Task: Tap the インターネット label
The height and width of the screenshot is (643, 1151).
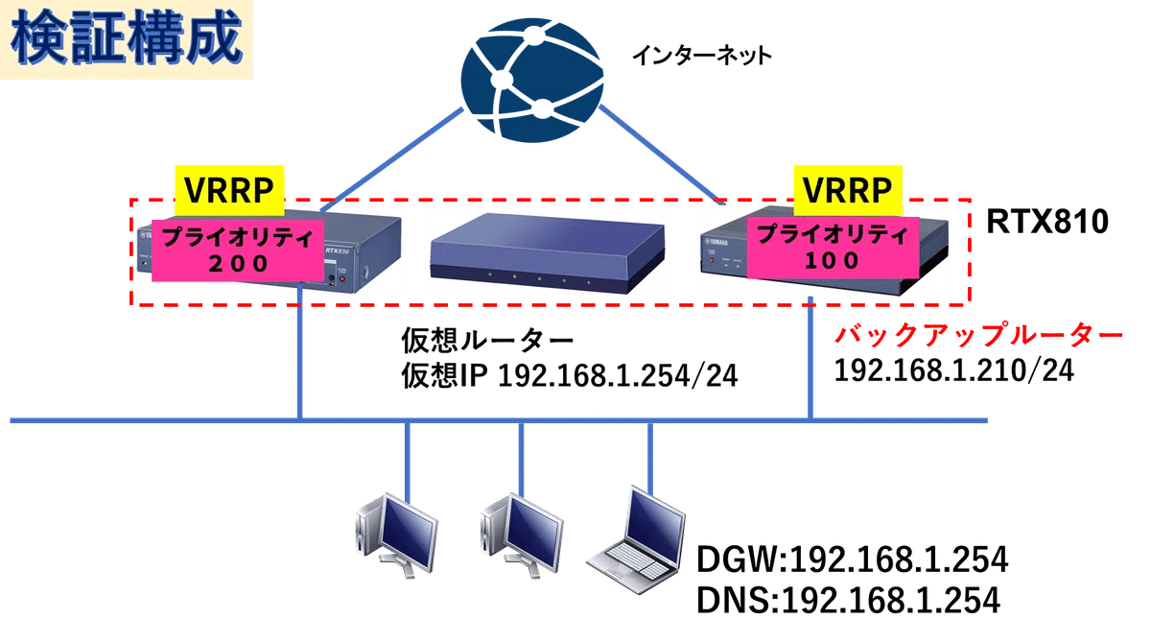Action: click(700, 57)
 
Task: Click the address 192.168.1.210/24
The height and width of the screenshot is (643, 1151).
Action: click(955, 372)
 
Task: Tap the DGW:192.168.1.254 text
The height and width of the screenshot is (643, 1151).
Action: click(849, 560)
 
